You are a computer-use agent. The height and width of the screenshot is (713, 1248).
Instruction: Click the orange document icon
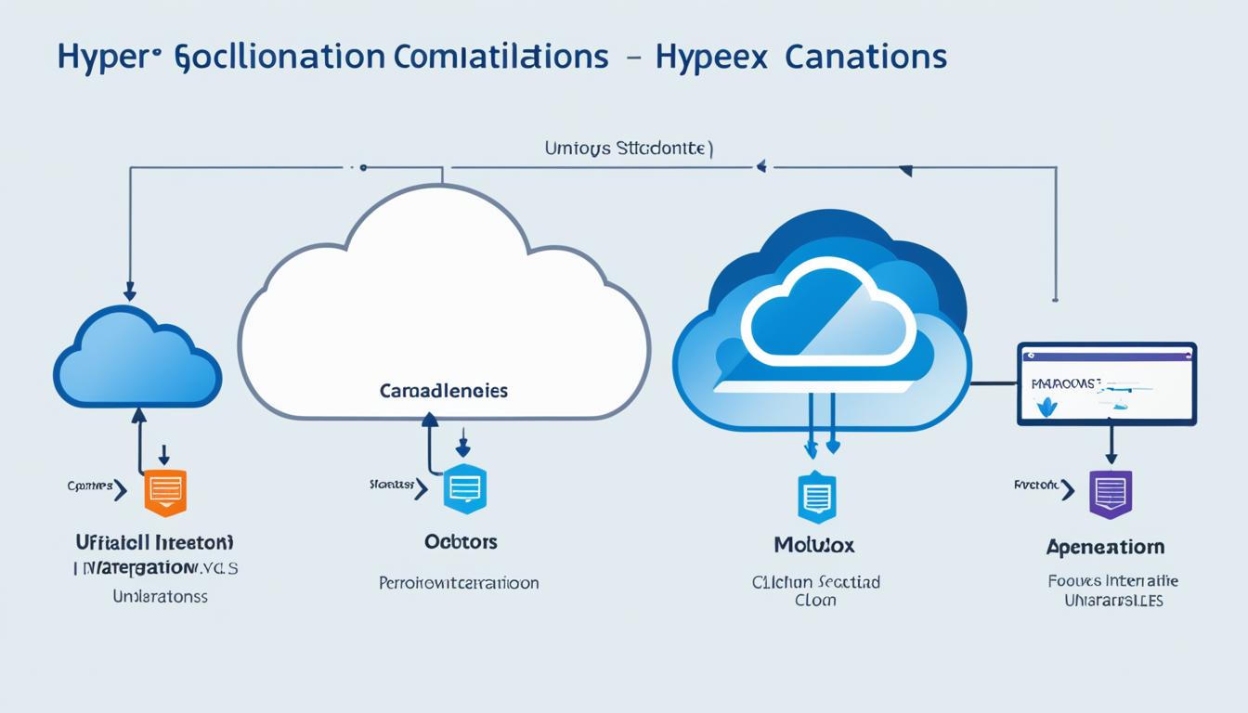[x=165, y=491]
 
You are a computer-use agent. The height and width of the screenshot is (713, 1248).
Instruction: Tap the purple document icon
[x=1110, y=493]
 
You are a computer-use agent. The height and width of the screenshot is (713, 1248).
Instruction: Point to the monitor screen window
[x=1106, y=383]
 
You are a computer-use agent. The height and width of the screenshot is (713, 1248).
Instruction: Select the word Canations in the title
[x=865, y=58]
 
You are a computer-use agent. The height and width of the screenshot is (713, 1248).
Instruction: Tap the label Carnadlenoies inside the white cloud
[x=444, y=391]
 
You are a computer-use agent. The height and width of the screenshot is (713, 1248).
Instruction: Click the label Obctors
[x=461, y=541]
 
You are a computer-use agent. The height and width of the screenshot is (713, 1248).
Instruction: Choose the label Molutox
[x=814, y=545]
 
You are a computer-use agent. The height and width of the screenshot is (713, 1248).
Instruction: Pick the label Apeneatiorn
[x=1105, y=547]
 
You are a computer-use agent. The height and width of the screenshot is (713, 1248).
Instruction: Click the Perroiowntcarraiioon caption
[x=459, y=583]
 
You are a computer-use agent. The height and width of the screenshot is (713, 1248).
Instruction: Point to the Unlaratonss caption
[x=160, y=596]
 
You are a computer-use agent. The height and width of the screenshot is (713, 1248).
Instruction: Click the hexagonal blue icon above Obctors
[x=464, y=488]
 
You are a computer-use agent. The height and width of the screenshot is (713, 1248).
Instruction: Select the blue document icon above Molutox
[x=817, y=497]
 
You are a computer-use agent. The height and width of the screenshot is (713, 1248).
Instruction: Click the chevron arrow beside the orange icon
[x=121, y=489]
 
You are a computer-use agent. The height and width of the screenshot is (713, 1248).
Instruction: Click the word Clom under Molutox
[x=815, y=601]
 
